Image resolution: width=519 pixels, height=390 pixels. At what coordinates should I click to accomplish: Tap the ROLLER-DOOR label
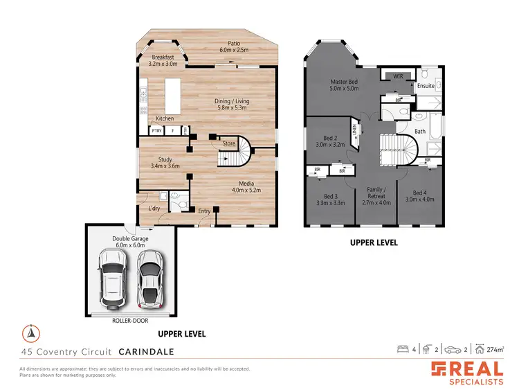point(130,321)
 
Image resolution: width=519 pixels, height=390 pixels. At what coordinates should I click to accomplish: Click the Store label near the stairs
point(228,144)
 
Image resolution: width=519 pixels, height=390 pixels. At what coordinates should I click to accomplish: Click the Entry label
point(204,211)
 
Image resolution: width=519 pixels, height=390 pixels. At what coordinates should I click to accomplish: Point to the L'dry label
point(154,208)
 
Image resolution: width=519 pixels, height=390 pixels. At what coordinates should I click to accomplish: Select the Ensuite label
point(425,86)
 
